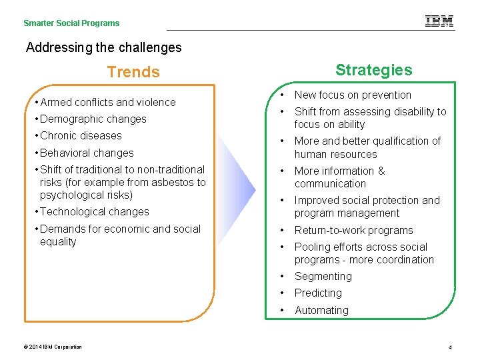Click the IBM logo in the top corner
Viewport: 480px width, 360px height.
[439, 21]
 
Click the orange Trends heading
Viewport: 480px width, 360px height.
[133, 72]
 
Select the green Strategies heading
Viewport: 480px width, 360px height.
[373, 70]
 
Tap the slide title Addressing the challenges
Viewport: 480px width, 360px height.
[103, 47]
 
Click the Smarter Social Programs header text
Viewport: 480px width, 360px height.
[71, 23]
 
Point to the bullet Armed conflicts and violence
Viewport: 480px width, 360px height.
[107, 102]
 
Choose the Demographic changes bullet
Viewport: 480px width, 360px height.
[93, 119]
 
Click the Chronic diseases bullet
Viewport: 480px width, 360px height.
[81, 136]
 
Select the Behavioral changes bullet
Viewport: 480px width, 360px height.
[87, 153]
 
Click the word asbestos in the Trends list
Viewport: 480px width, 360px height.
[171, 182]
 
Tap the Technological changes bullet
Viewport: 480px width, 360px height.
[94, 212]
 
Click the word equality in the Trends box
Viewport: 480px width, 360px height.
[58, 242]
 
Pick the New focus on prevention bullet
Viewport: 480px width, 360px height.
[353, 95]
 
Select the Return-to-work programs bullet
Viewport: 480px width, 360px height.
[353, 231]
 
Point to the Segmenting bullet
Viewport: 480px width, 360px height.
[323, 277]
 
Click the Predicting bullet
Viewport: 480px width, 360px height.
[318, 293]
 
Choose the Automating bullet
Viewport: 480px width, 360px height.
[321, 311]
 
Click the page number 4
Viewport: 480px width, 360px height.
[451, 347]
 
